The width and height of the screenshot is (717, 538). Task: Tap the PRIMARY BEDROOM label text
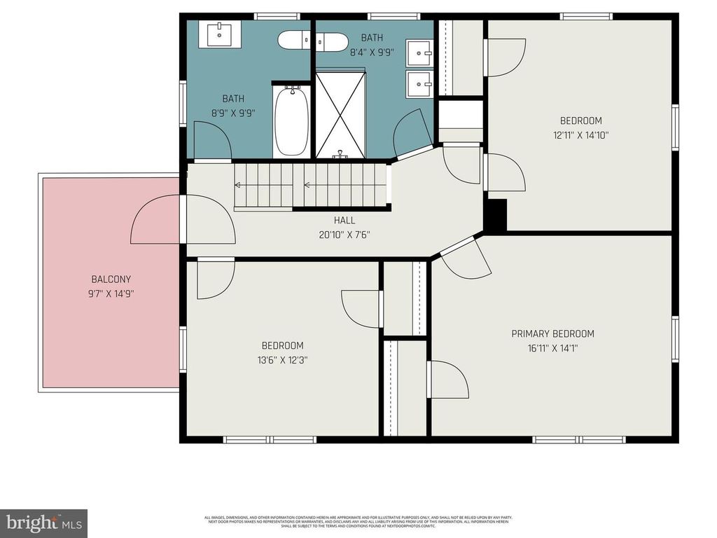pyautogui.click(x=552, y=333)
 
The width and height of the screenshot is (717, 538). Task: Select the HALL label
pyautogui.click(x=344, y=221)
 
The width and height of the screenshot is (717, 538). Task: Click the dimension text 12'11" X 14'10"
pyautogui.click(x=580, y=135)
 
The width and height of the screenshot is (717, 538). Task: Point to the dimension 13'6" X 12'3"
pyautogui.click(x=284, y=360)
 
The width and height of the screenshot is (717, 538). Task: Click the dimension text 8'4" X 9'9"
pyautogui.click(x=373, y=52)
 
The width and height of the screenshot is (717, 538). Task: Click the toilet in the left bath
pyautogui.click(x=295, y=41)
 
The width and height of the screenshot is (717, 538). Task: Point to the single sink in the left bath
pyautogui.click(x=220, y=33)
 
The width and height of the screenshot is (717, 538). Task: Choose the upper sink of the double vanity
pyautogui.click(x=420, y=51)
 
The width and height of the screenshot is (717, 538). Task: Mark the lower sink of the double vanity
pyautogui.click(x=420, y=84)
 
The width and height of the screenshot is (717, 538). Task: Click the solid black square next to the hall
pyautogui.click(x=496, y=215)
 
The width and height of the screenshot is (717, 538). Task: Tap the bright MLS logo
pyautogui.click(x=43, y=523)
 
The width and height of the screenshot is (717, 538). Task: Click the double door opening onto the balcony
pyautogui.click(x=183, y=219)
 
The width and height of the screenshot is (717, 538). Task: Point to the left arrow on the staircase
pyautogui.click(x=238, y=186)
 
